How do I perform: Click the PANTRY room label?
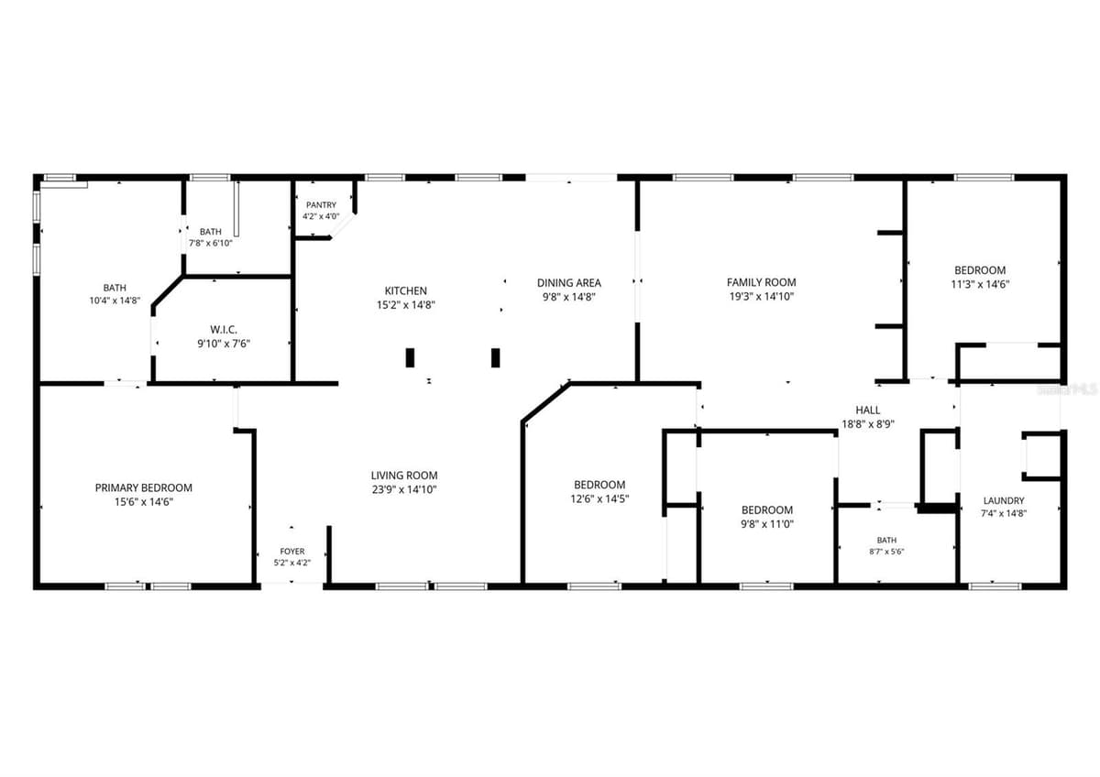tap(321, 204)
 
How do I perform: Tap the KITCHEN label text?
tap(405, 290)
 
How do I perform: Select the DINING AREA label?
tap(568, 283)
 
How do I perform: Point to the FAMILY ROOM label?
tap(761, 282)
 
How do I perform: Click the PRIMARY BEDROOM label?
tap(143, 487)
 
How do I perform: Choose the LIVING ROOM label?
tap(404, 476)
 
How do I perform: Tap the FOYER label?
tap(292, 552)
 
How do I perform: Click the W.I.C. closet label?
tap(224, 329)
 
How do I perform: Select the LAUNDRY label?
tap(1004, 500)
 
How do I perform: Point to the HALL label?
tap(868, 410)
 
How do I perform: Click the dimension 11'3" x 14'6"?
tap(980, 284)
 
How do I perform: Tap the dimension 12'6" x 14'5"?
tap(599, 498)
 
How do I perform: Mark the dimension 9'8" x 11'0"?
tap(767, 524)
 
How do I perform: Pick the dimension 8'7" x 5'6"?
tap(886, 552)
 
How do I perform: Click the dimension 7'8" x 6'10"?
tap(211, 243)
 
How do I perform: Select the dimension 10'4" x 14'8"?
tap(115, 301)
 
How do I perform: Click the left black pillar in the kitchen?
tap(410, 358)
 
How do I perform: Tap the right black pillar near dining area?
tap(496, 358)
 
